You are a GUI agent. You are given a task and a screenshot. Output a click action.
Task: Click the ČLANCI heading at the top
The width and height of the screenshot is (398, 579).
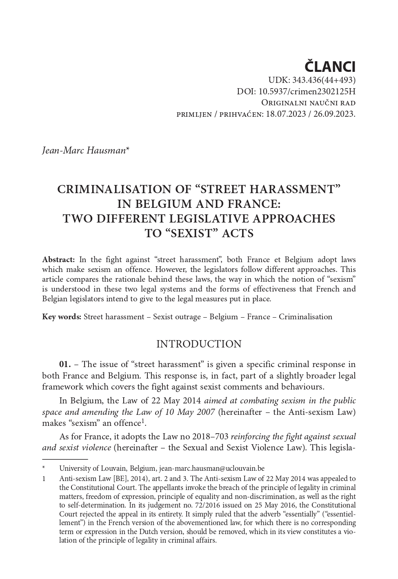[330, 67]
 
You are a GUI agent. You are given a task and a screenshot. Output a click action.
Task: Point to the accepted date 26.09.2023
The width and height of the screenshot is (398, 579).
[334, 114]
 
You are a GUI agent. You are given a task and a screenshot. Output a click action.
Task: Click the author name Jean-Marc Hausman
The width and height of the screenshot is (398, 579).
[84, 151]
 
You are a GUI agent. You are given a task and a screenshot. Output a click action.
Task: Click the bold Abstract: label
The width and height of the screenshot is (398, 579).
[58, 260]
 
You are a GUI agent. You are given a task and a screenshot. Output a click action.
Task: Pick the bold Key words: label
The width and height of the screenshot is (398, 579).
[62, 317]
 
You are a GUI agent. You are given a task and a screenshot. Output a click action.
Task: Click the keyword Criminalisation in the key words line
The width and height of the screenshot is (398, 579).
[305, 317]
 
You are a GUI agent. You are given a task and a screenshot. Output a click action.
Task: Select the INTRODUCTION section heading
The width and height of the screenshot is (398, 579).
[199, 344]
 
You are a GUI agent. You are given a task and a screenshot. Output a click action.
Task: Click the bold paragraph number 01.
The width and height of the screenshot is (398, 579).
[65, 364]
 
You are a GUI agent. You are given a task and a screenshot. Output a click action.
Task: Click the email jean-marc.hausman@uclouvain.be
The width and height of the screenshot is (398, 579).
[211, 469]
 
